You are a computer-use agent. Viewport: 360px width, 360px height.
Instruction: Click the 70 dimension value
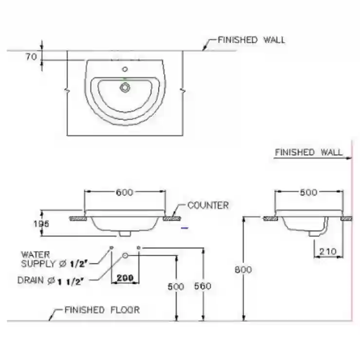click(31, 57)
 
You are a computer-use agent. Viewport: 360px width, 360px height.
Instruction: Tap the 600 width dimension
click(125, 192)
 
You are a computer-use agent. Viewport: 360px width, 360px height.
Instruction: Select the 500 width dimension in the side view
click(308, 192)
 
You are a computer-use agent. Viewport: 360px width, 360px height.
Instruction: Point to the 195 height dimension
click(41, 224)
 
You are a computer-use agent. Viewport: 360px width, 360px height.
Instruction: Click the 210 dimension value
click(327, 252)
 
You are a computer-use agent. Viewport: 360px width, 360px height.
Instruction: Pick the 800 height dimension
click(243, 270)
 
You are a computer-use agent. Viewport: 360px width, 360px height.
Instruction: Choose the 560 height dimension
click(203, 286)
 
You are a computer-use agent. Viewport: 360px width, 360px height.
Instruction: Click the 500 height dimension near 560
click(176, 287)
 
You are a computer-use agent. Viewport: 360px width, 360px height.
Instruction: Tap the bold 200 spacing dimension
click(125, 278)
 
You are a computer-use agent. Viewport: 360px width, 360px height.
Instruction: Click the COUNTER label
click(208, 205)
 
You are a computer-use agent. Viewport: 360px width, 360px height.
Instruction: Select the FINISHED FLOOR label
click(102, 310)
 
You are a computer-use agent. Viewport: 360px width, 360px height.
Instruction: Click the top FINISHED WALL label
click(252, 40)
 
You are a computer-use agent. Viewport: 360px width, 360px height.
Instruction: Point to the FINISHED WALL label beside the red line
click(308, 152)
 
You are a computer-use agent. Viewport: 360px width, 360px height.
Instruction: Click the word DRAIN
click(31, 280)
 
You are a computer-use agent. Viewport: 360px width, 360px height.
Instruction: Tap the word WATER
click(36, 254)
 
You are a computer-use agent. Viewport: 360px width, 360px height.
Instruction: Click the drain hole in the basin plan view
click(125, 87)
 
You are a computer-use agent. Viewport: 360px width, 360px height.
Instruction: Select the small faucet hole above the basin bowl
click(125, 69)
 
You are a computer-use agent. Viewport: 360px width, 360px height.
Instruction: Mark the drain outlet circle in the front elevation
click(125, 255)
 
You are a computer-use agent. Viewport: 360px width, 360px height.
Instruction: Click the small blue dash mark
click(185, 228)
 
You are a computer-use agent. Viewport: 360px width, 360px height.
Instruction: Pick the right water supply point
click(139, 248)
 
